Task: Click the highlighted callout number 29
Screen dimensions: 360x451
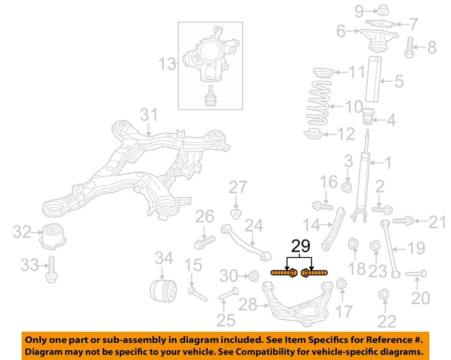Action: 300,247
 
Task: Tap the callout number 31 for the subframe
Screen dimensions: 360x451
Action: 149,115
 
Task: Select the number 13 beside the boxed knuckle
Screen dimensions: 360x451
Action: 167,65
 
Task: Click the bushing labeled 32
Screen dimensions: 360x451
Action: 53,235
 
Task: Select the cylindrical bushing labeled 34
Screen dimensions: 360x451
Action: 161,290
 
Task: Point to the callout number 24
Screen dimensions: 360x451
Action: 253,226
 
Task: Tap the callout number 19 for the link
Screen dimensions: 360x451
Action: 416,248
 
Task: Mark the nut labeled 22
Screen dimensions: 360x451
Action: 384,294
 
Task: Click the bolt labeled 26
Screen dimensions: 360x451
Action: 204,243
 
